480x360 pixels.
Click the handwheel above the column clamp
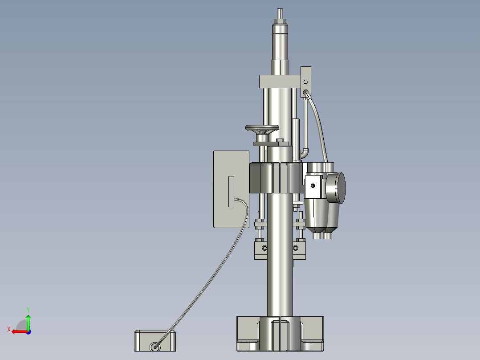pyautogui.click(x=262, y=129)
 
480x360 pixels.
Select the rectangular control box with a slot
pyautogui.click(x=231, y=189)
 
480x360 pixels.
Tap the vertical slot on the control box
pyautogui.click(x=231, y=191)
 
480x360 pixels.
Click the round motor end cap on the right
pyautogui.click(x=336, y=188)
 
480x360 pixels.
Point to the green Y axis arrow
pyautogui.click(x=28, y=320)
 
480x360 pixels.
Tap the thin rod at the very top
pyautogui.click(x=280, y=13)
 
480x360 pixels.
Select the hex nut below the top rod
pyautogui.click(x=280, y=21)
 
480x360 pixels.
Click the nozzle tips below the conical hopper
pyautogui.click(x=323, y=235)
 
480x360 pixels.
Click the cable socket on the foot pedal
pyautogui.click(x=155, y=346)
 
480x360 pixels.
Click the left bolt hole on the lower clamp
pyautogui.click(x=264, y=247)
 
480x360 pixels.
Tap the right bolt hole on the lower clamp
pyautogui.click(x=296, y=247)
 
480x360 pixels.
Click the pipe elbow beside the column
pyautogui.click(x=305, y=153)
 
